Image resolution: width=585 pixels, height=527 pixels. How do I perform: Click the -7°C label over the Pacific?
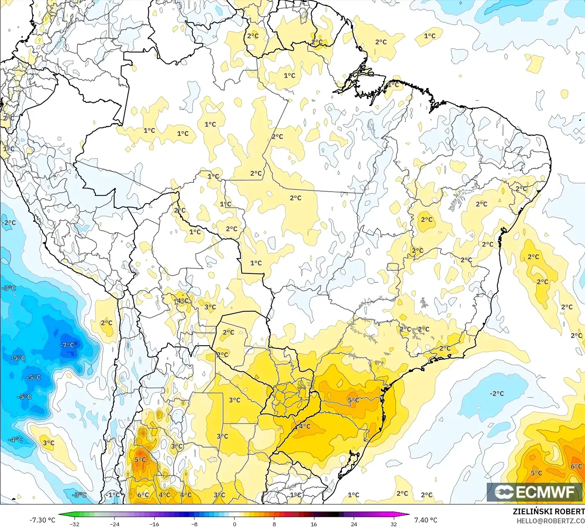click(x=68, y=345)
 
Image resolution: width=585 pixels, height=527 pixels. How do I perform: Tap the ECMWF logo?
click(x=534, y=492)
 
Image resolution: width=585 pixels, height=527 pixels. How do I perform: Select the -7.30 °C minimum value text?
click(x=42, y=520)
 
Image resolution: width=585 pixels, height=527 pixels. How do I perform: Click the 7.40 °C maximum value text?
click(x=426, y=520)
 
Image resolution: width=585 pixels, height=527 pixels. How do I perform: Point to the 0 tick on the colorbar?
click(x=234, y=524)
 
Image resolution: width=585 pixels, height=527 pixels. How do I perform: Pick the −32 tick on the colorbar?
click(x=74, y=524)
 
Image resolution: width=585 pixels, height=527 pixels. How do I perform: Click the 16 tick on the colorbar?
click(x=314, y=524)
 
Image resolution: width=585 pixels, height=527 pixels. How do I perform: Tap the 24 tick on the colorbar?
click(x=354, y=524)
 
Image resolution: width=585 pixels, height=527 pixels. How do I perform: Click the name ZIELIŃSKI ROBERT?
click(x=549, y=511)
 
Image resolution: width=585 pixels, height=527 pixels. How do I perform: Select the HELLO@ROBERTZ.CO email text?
click(x=550, y=521)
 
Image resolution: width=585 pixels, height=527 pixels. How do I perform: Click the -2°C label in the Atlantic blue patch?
click(x=497, y=394)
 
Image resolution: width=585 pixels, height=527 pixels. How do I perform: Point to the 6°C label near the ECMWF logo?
click(x=576, y=466)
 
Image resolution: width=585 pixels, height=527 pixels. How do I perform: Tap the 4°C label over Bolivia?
click(x=183, y=301)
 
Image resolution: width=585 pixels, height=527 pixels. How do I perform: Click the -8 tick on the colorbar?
click(x=194, y=524)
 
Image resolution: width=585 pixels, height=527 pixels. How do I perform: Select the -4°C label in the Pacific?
click(x=15, y=439)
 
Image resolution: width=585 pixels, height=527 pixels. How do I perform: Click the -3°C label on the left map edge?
click(x=9, y=288)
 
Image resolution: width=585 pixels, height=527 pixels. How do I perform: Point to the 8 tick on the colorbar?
click(x=274, y=524)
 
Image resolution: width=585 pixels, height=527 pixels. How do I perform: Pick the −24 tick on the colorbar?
click(x=114, y=524)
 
